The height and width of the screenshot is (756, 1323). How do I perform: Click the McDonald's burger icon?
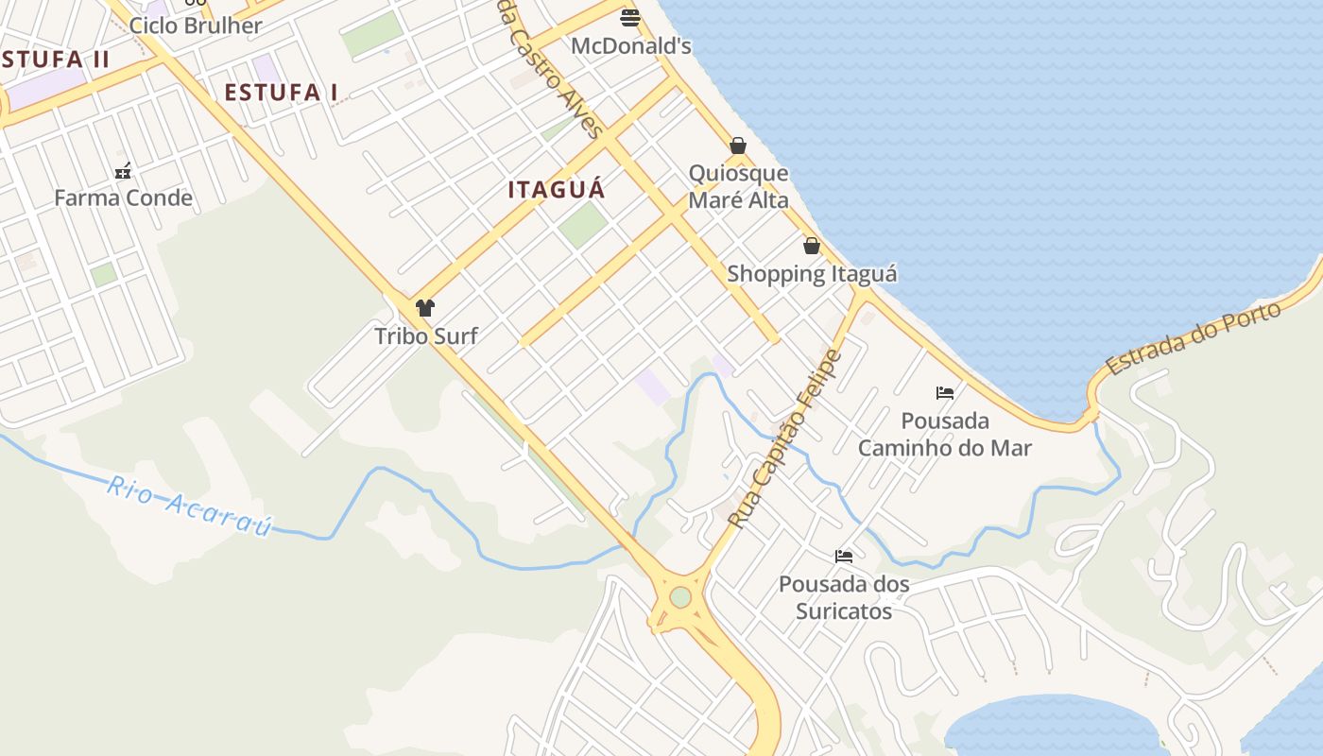point(630,17)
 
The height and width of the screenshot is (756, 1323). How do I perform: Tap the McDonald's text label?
point(631,45)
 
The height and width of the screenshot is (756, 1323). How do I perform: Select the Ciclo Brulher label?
point(195,26)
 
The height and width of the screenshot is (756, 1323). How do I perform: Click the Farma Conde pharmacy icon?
point(123,171)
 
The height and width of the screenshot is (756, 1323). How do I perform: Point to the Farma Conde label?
point(123,198)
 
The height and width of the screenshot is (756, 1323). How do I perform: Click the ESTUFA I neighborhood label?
point(281,93)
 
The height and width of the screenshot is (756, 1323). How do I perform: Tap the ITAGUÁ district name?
point(557,189)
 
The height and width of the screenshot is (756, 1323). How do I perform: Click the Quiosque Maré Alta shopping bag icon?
point(738,146)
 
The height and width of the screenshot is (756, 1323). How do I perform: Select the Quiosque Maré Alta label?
point(738,186)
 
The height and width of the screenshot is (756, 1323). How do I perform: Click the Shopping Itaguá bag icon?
point(811,246)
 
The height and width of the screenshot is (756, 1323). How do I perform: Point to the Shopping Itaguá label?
point(812,274)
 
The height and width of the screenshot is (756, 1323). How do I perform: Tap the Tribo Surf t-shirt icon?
point(425,308)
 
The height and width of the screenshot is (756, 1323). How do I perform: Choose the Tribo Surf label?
point(426,335)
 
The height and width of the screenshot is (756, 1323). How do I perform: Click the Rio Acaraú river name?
point(189,506)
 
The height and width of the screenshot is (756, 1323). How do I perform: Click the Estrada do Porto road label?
point(1193,337)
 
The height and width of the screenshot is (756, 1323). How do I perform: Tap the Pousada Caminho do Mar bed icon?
point(944,392)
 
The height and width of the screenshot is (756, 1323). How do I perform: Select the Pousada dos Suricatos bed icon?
point(843,557)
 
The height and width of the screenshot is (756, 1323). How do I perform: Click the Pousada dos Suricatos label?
point(844,597)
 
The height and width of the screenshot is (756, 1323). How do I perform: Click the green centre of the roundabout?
point(680,597)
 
